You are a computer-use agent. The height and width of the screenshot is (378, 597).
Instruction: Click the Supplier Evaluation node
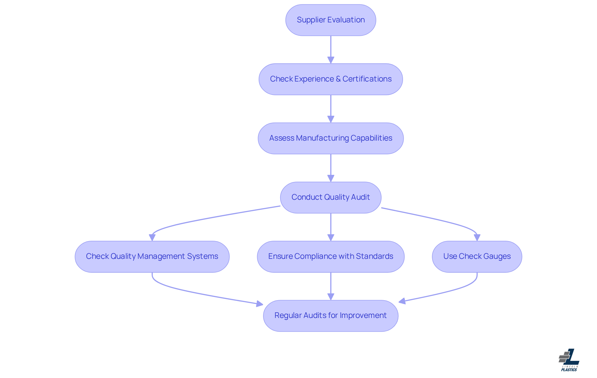point(331,20)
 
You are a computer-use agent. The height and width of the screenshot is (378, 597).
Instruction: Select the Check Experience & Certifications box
point(331,79)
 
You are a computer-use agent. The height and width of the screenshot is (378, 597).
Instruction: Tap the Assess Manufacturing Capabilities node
point(331,138)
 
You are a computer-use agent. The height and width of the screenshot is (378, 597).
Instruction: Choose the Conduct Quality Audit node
point(331,197)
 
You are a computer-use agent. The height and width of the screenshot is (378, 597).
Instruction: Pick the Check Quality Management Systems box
point(152,256)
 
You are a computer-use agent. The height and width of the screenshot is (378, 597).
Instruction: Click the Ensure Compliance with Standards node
point(331,256)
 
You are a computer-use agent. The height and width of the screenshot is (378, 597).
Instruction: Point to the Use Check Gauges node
point(477,256)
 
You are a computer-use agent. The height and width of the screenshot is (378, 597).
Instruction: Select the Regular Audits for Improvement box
point(331,315)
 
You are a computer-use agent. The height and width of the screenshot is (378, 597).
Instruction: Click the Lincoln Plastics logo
point(569,360)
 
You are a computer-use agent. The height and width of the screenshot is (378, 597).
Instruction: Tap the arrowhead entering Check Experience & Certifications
point(331,60)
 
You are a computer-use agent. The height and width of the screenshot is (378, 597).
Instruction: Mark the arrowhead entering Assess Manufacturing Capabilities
point(331,119)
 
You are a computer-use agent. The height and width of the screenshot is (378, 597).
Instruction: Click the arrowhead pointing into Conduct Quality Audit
point(331,178)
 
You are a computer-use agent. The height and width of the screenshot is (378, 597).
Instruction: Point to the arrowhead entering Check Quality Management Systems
point(152,237)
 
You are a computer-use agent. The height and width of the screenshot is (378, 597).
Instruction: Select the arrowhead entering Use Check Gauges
point(477,237)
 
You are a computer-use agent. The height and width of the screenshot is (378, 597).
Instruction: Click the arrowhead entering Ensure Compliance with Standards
point(331,237)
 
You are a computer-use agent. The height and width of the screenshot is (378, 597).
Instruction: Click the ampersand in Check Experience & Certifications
point(338,79)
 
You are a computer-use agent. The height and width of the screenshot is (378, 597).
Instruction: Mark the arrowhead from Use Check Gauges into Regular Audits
point(402,301)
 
